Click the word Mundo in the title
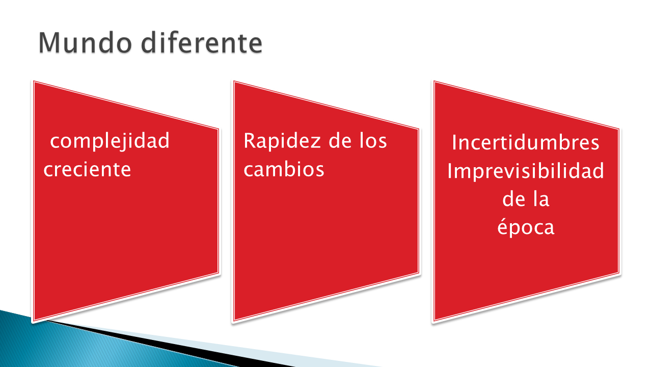pos(85,43)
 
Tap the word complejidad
pos(110,141)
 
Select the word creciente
pos(87,169)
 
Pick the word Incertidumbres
pos(525,142)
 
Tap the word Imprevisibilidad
pos(525,171)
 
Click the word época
pos(526,227)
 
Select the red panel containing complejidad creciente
pos(126,201)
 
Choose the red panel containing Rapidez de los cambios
pos(326,201)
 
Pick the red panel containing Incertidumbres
pos(526,201)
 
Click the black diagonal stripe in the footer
pos(175,344)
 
